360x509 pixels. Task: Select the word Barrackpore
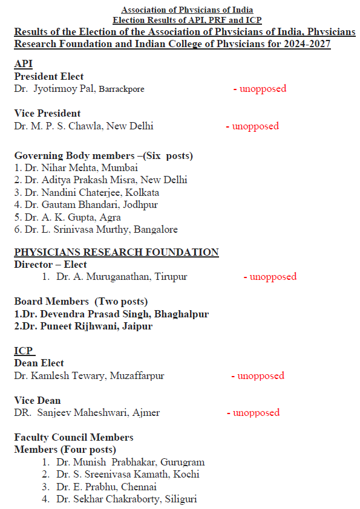pos(122,89)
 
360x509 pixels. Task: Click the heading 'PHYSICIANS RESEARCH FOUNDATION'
pos(116,252)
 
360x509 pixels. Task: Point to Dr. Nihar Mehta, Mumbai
pos(76,167)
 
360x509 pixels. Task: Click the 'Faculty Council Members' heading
pos(74,437)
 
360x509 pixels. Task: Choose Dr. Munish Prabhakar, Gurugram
pos(130,462)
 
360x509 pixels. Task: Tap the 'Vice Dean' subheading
pos(38,400)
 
